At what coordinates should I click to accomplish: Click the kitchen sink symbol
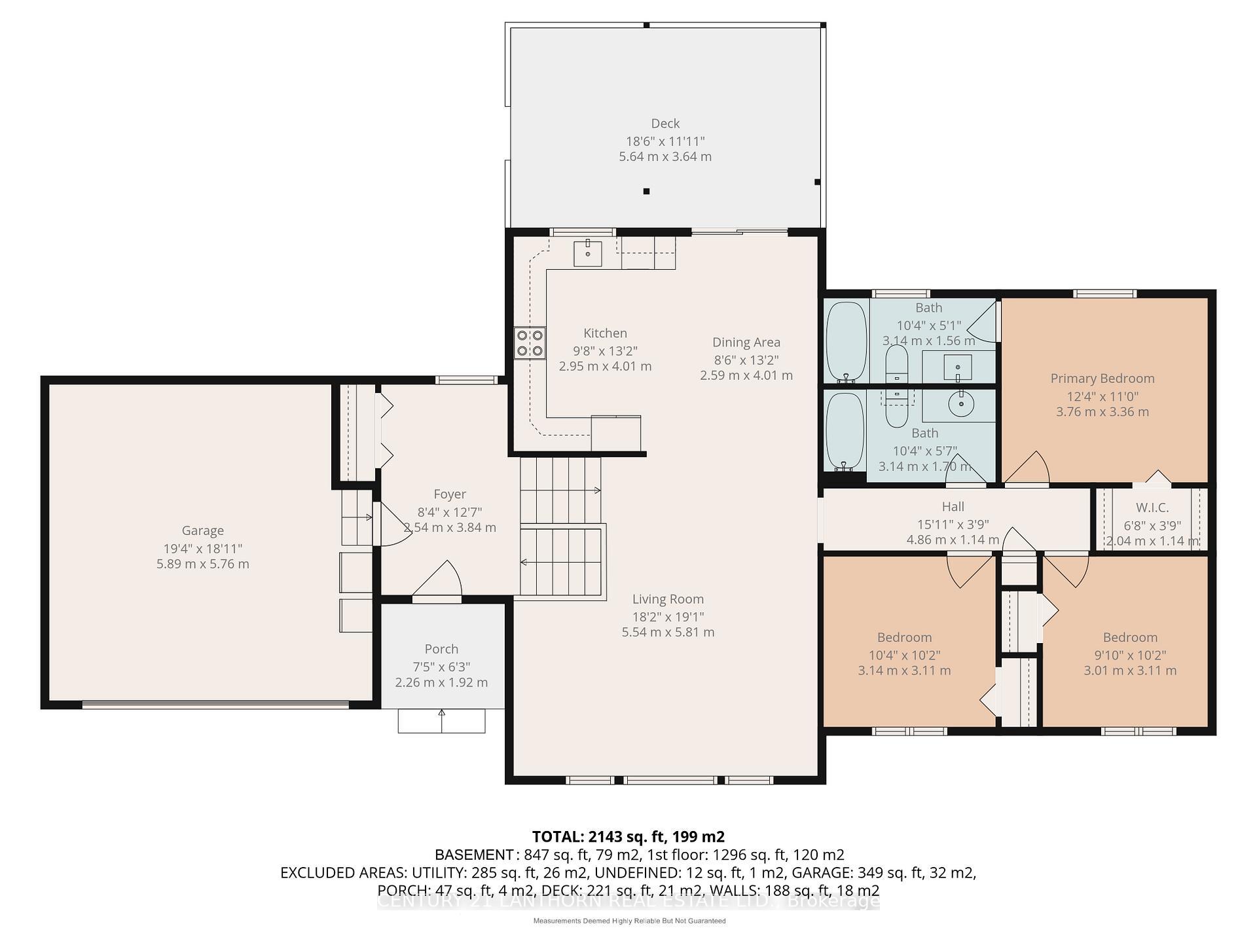pos(587,253)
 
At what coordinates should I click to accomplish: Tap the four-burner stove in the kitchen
pos(530,343)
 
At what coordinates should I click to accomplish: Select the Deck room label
pos(665,123)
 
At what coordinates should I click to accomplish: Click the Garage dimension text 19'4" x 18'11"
pos(202,548)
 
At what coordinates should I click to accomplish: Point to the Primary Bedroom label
pos(1102,378)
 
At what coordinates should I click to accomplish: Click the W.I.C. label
pos(1152,508)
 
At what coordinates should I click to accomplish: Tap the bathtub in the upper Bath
pos(846,342)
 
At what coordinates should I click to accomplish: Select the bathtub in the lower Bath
pos(845,432)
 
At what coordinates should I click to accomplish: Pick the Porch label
pos(441,648)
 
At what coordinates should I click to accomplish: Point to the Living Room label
pos(668,599)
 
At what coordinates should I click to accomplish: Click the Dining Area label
pos(746,342)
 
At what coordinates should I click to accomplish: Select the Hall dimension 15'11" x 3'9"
pos(953,524)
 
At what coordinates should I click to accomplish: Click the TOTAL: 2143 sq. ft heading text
pos(628,836)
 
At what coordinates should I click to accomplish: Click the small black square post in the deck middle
pos(646,191)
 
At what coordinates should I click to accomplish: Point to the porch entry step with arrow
pos(442,721)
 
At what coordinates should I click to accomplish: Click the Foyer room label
pos(450,494)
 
